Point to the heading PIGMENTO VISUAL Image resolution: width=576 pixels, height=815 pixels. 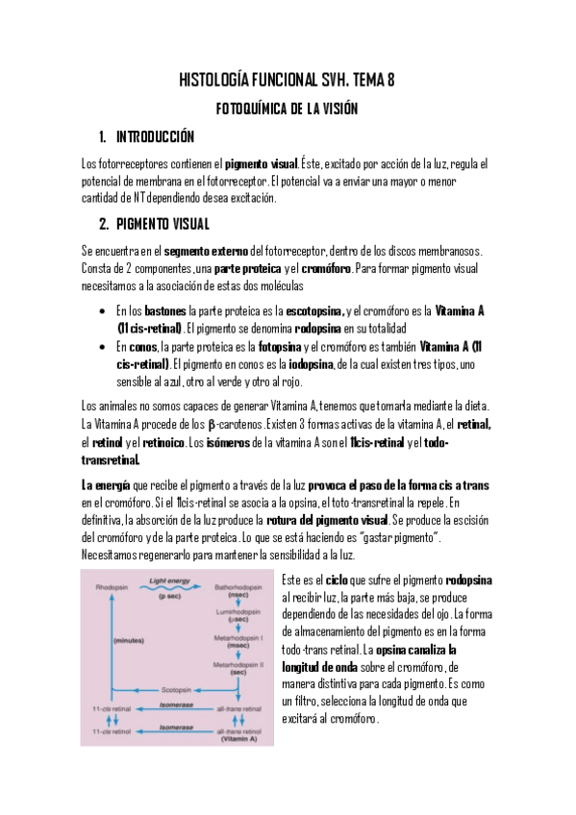162,225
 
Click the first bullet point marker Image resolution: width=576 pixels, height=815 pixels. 102,312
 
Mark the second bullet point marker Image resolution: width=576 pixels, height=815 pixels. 102,347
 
